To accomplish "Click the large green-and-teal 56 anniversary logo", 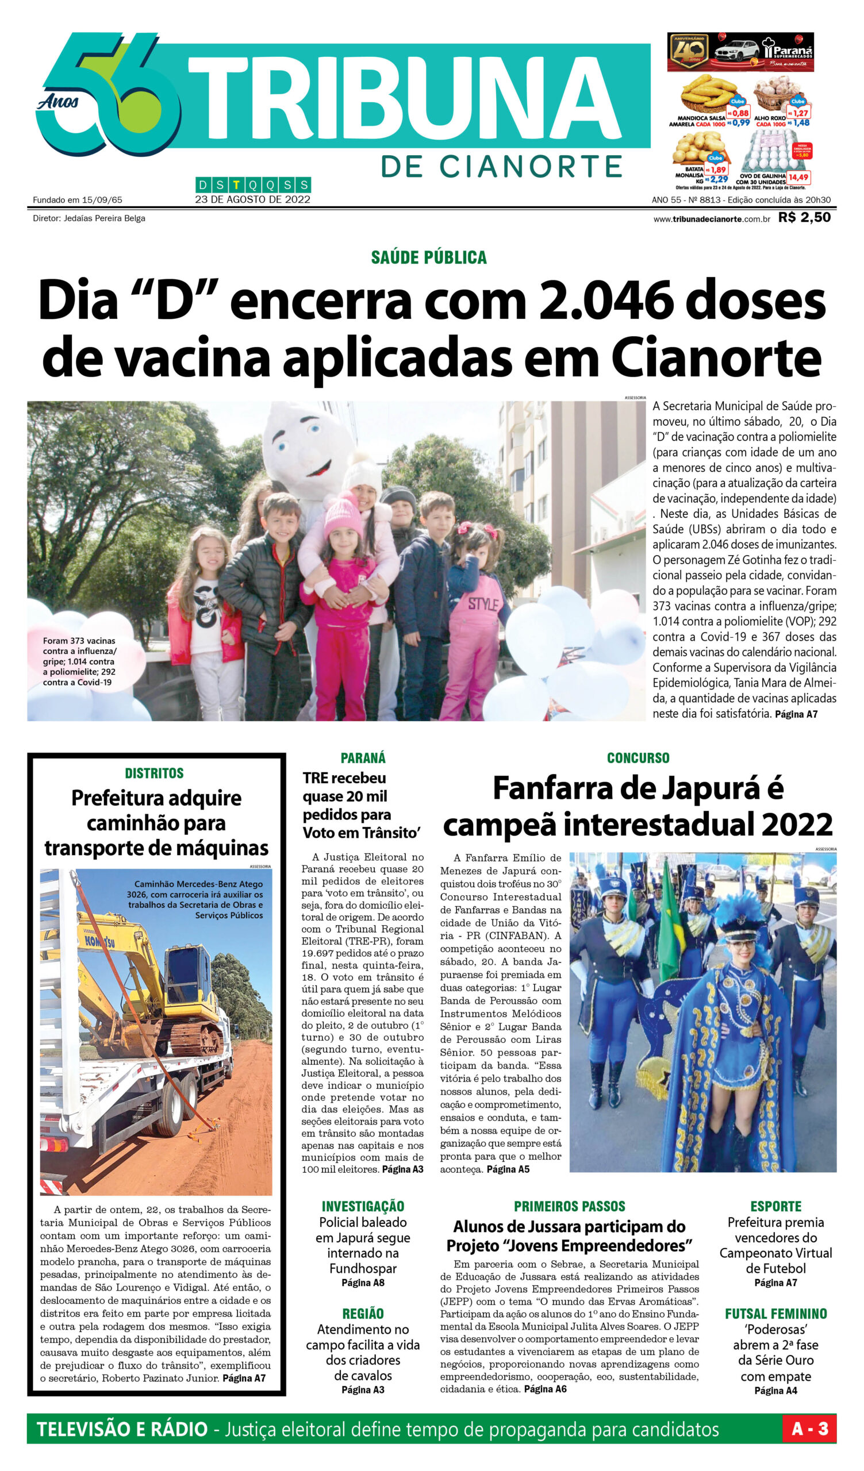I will click(x=108, y=94).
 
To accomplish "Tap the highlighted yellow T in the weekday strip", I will click(x=236, y=186).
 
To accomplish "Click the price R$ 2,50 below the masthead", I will click(x=804, y=218).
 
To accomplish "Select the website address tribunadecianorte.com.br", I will click(x=711, y=219).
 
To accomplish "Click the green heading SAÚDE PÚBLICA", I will click(x=428, y=257).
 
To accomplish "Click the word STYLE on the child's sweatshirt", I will click(x=482, y=604).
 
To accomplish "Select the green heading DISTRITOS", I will click(x=154, y=773).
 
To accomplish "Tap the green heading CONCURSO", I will click(x=638, y=758).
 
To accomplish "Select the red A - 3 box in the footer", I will click(x=809, y=1429).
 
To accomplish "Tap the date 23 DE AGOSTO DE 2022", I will click(x=253, y=199).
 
